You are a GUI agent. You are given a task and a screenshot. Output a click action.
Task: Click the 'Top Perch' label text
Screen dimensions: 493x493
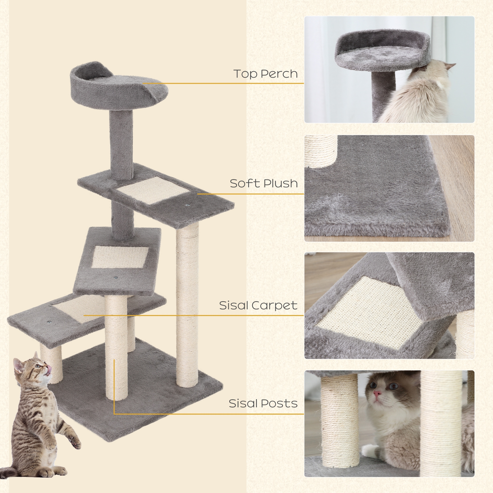265,74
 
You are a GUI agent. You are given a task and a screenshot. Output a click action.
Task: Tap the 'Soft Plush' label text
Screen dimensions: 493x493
263,183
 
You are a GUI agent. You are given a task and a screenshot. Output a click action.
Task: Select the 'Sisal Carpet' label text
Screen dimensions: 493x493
258,305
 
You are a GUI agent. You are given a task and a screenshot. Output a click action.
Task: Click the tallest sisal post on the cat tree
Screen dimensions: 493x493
187,295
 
